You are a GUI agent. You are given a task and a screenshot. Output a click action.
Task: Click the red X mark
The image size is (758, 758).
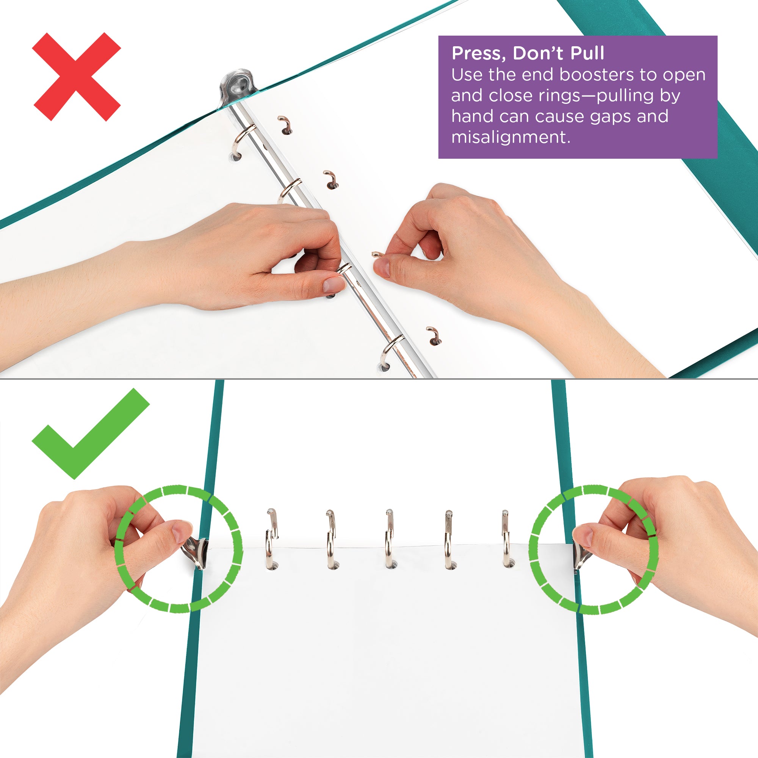[76, 77]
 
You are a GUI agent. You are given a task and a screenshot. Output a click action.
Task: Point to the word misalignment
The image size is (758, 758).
[510, 137]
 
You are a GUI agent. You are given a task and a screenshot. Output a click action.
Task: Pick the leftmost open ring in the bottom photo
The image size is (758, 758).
[271, 539]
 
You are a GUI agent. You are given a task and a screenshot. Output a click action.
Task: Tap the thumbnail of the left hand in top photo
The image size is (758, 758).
[333, 285]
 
